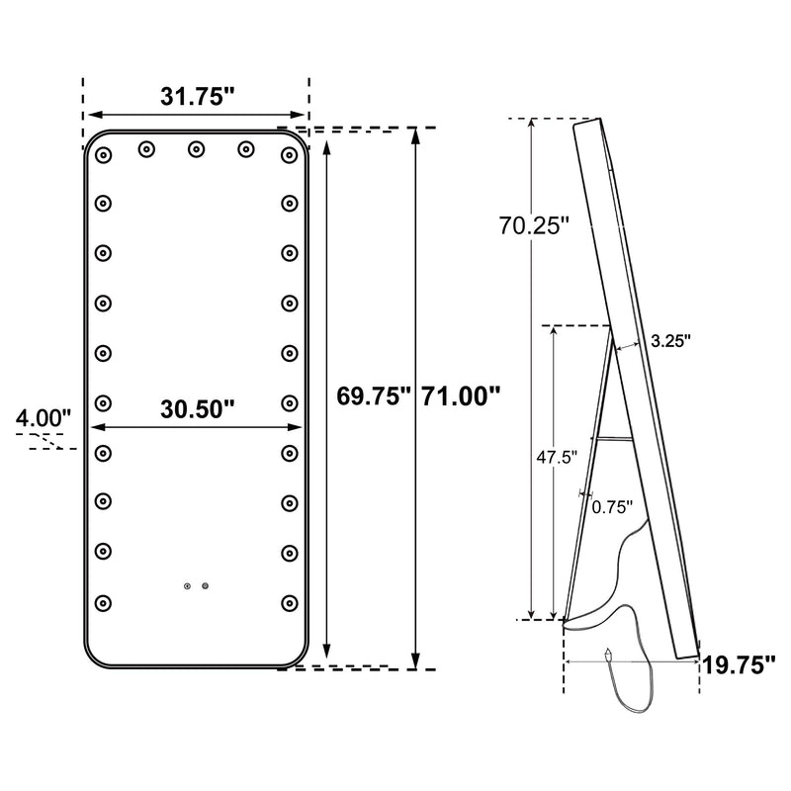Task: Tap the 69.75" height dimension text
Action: pos(372,397)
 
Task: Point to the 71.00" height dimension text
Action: pos(461,397)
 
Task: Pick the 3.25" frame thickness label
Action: pos(670,340)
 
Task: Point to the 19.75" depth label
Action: pos(739,665)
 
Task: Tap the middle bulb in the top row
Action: pos(195,149)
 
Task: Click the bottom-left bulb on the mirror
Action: pos(103,600)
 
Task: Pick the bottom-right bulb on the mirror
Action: pos(289,600)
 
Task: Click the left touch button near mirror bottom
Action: pos(186,585)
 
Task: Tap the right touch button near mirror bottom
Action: pos(206,585)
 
